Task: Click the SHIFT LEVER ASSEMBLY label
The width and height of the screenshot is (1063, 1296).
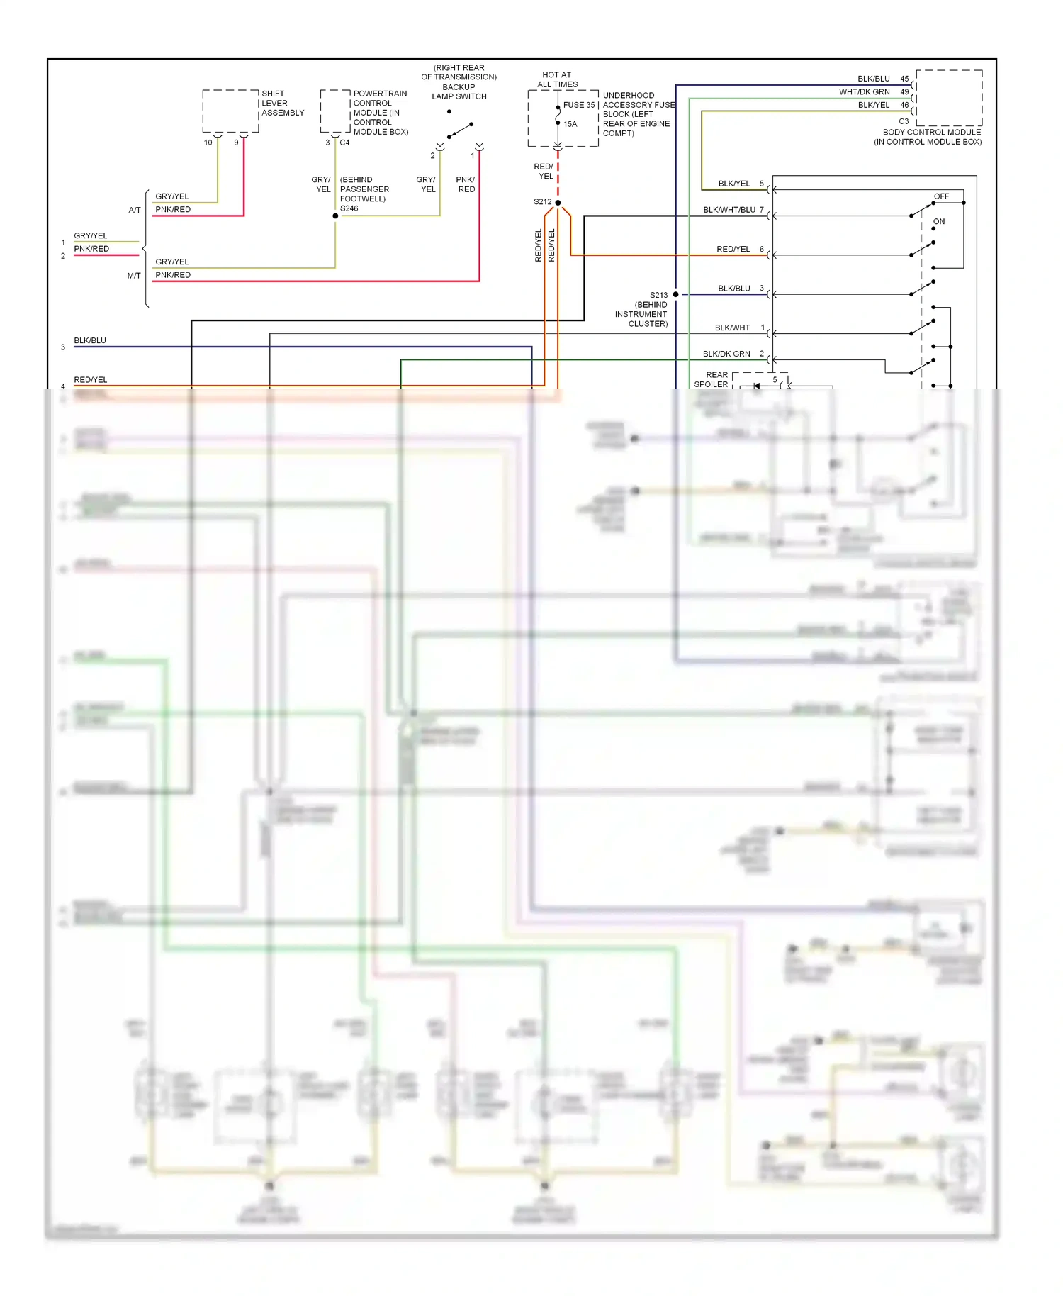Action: coord(282,104)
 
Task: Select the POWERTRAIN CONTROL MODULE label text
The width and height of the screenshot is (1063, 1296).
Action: coord(380,112)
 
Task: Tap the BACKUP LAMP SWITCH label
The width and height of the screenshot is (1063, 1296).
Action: coord(459,91)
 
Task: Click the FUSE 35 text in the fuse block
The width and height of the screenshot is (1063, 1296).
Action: coord(578,105)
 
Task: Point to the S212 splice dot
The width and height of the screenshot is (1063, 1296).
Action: coord(558,203)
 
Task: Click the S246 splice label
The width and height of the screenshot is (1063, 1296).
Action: coord(349,208)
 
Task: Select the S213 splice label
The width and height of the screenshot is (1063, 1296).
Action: coord(658,295)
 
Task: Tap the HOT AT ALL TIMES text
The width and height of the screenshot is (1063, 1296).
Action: coord(557,79)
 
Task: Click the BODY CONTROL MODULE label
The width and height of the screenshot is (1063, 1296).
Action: coord(931,133)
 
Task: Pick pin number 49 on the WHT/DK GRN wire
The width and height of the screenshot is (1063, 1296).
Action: coord(904,92)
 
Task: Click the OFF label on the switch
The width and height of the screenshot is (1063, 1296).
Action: coord(941,196)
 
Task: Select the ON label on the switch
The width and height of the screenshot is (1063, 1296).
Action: coord(939,222)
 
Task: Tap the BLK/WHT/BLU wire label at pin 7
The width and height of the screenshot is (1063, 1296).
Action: coord(729,210)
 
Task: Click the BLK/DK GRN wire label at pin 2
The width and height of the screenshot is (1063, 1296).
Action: coord(726,354)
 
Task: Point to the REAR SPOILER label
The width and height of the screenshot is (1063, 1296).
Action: coord(712,379)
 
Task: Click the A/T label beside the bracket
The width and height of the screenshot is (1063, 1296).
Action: coord(135,210)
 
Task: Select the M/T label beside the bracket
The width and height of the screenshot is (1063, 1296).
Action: coord(134,276)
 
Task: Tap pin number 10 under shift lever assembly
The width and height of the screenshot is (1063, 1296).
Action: coord(208,143)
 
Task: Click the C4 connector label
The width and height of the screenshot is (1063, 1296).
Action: coord(344,143)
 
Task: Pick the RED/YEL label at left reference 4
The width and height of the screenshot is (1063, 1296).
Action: coord(91,380)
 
